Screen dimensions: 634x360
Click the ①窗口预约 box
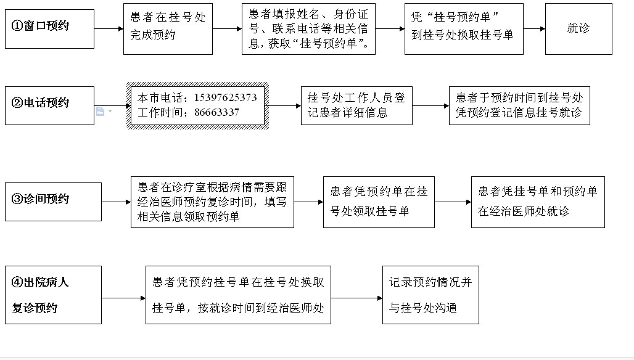pos(49,29)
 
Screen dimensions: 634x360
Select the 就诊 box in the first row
pos(578,29)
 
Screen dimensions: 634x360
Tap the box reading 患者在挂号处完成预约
pos(168,29)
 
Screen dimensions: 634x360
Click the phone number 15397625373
pos(225,98)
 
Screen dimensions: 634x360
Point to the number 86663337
pos(216,112)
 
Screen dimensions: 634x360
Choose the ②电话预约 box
pos(49,105)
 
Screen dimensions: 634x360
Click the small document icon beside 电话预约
pos(101,111)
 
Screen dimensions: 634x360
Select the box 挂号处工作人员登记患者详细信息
pos(356,105)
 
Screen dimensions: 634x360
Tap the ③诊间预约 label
pos(41,198)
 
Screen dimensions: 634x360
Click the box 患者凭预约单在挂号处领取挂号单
pos(379,202)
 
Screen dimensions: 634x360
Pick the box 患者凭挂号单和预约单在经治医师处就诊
pos(538,202)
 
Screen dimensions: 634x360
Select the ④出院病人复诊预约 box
pos(53,295)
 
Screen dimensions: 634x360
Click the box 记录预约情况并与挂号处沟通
pos(430,295)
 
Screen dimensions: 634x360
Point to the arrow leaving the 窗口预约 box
pos(109,29)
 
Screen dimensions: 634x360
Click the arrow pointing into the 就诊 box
pos(534,29)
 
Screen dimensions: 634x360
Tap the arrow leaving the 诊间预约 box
pos(116,202)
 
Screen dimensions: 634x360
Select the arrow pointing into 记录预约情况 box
pos(356,298)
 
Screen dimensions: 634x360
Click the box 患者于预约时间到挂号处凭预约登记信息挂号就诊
pos(519,105)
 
